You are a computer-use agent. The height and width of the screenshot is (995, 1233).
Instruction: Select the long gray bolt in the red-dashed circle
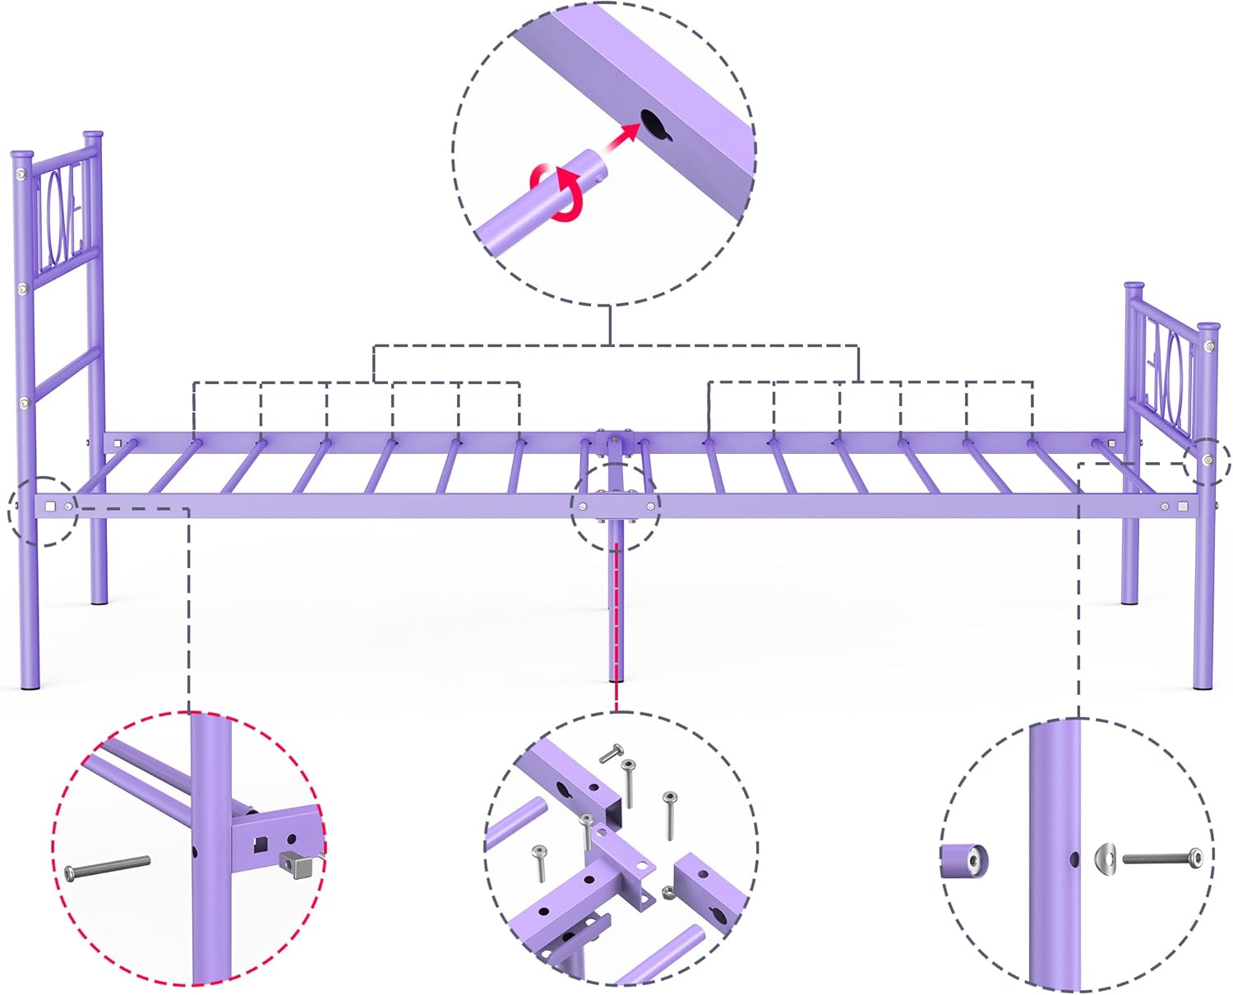[x=107, y=868]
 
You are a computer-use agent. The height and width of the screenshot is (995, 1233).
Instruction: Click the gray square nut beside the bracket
[x=298, y=863]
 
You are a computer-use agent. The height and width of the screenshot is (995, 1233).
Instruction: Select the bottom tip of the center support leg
[x=615, y=679]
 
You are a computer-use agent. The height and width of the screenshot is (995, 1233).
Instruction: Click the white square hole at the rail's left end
[x=51, y=507]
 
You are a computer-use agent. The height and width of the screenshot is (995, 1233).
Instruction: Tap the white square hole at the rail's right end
[x=1183, y=507]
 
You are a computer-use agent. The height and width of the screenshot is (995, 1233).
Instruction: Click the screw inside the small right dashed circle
[x=1207, y=460]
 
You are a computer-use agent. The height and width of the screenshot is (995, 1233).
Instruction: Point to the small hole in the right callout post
[x=1074, y=859]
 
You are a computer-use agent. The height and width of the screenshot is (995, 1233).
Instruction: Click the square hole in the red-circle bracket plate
[x=261, y=842]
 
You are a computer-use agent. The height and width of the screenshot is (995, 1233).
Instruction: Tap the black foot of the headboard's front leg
[x=29, y=689]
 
